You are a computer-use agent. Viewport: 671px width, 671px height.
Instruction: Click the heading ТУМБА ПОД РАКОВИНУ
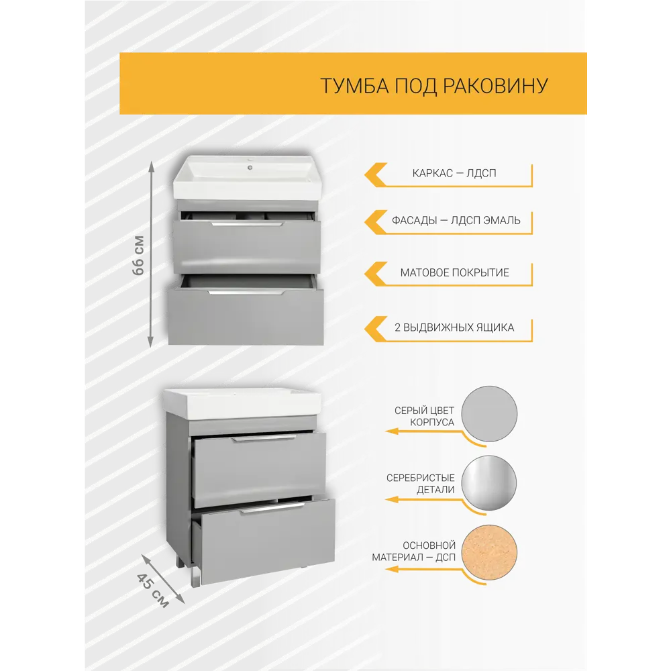[434, 86]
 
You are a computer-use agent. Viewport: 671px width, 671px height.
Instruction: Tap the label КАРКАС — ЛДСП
[454, 173]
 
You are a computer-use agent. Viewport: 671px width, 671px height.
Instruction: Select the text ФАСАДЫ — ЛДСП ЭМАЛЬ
[456, 220]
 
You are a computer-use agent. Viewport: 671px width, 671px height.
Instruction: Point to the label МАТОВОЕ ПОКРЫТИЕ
[454, 272]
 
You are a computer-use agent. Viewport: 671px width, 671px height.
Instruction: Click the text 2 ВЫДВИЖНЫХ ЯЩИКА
[454, 327]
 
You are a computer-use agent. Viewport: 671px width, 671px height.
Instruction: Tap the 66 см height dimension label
[138, 256]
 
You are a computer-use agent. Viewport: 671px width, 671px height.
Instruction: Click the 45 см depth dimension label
[153, 590]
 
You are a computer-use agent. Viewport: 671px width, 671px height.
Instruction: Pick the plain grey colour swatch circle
[490, 414]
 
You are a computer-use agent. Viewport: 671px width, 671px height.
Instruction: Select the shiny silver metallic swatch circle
[489, 482]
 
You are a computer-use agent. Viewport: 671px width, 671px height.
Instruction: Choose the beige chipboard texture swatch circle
[490, 552]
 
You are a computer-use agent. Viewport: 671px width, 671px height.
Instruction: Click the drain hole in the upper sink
[250, 167]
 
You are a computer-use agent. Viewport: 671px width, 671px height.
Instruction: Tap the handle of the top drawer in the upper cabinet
[247, 224]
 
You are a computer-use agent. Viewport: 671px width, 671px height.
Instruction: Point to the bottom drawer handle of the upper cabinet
[246, 293]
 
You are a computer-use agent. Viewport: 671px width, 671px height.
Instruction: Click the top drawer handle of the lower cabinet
[264, 439]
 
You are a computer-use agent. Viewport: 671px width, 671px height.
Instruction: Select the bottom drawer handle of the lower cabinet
[272, 509]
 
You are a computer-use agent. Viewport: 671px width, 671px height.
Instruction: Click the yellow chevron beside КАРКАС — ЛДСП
[376, 174]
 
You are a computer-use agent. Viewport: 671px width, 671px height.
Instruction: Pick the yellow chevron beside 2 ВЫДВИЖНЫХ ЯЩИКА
[376, 329]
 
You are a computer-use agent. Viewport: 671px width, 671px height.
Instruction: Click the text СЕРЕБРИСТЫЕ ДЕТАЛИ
[420, 484]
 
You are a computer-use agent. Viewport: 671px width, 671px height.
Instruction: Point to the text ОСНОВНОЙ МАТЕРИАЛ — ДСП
[413, 551]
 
